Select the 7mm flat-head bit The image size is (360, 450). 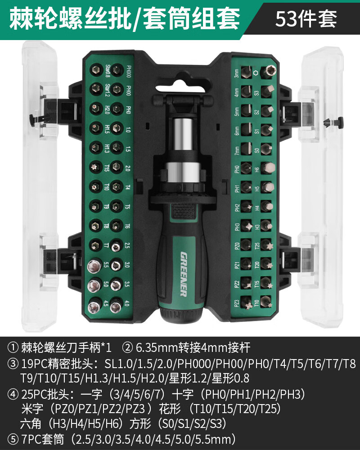pos(247,148)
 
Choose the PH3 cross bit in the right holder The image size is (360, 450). pos(247,225)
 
